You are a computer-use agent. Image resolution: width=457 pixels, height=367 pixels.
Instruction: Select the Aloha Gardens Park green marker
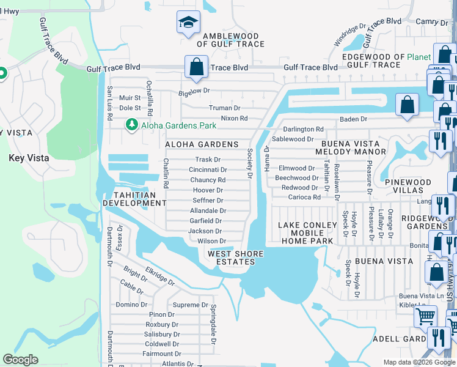point(131,125)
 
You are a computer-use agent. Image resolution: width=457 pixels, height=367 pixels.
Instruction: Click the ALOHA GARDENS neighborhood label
point(201,144)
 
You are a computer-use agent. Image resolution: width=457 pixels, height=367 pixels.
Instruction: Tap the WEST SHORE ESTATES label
point(235,258)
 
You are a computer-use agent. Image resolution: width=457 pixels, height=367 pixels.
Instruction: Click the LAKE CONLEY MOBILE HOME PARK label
point(307,233)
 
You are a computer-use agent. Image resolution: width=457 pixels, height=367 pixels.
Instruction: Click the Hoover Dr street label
point(208,190)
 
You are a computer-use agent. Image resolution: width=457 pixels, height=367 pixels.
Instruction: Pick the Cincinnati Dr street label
point(208,170)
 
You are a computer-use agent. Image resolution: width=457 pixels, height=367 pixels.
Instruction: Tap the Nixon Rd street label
point(234,118)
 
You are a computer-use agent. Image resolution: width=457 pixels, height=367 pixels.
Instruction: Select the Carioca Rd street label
point(304,198)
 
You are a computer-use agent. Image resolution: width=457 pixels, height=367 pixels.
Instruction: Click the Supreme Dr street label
point(191,305)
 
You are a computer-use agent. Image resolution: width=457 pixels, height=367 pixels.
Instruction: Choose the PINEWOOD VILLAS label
point(408,186)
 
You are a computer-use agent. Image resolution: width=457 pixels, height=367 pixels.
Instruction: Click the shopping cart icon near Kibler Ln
point(425,317)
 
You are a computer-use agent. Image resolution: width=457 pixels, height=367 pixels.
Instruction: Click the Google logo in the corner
point(20,360)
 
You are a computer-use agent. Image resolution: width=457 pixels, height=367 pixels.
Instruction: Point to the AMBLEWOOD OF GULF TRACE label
point(230,40)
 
